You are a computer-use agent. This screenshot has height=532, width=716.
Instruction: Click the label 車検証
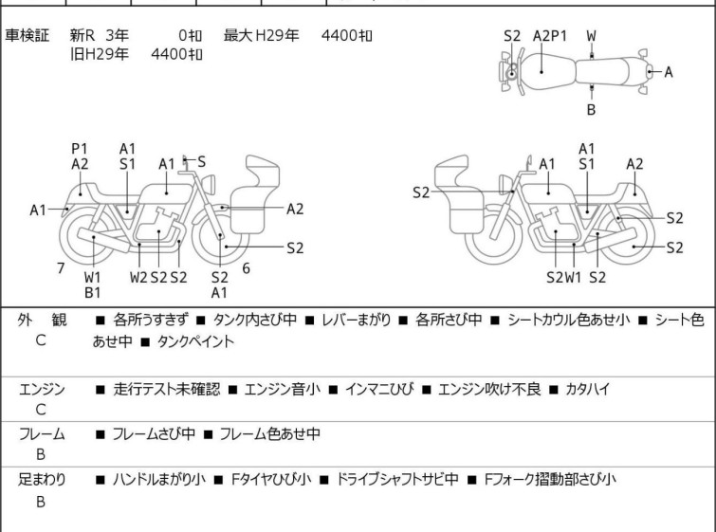point(28,36)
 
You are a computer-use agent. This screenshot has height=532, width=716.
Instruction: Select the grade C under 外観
point(41,339)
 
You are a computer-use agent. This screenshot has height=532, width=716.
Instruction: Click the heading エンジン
point(41,389)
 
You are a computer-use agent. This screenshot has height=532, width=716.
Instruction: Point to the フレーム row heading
point(41,434)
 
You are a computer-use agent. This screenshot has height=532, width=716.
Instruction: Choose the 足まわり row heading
point(41,480)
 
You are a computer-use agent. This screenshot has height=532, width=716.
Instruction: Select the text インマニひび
point(378,389)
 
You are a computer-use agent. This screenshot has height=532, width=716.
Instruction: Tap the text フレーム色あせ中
point(269,434)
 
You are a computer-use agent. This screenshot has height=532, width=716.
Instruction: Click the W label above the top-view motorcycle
point(591,36)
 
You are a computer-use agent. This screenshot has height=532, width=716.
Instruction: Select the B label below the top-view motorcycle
point(591,110)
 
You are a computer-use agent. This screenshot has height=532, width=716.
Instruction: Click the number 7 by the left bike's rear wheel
point(60,268)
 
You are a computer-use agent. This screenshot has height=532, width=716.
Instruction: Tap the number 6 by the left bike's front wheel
point(247,268)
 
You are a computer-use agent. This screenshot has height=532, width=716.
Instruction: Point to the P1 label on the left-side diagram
point(80,149)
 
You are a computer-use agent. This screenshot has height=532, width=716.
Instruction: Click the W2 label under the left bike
point(138,278)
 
